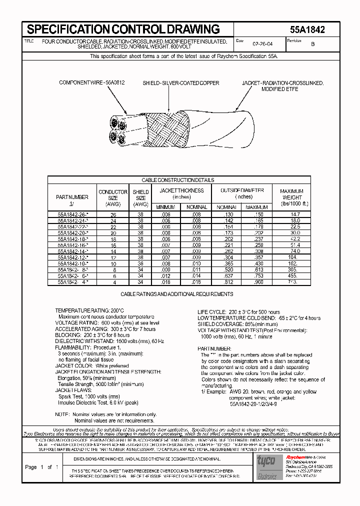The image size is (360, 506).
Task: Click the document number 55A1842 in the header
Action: tap(307, 29)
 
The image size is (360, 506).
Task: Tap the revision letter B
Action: tap(313, 44)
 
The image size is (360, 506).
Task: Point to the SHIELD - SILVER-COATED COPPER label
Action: tap(180, 83)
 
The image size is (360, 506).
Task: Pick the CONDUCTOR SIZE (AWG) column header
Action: tap(113, 198)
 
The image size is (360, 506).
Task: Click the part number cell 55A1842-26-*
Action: tap(73, 214)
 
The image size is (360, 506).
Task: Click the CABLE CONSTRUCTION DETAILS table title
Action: tap(178, 180)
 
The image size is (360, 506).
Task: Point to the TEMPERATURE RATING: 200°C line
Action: tap(89, 310)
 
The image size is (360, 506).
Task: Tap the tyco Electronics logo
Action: tap(266, 466)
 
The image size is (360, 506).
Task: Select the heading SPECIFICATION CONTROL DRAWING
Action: tap(123, 29)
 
